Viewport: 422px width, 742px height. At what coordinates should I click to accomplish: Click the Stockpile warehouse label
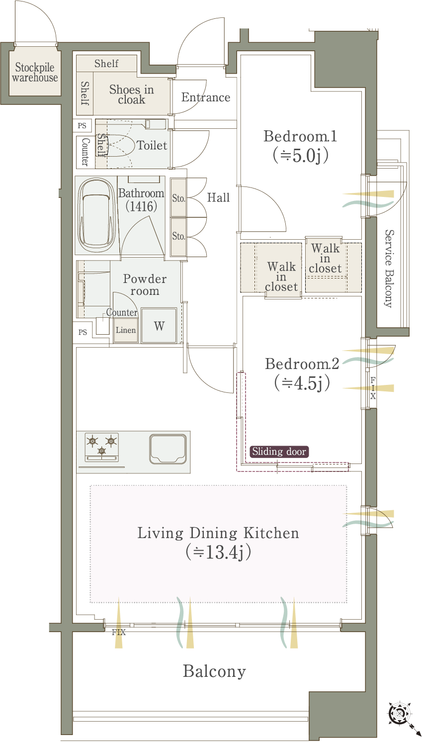[35, 72]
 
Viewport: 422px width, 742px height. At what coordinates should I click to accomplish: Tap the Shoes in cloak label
[131, 94]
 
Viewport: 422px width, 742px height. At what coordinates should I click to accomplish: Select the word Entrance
[206, 97]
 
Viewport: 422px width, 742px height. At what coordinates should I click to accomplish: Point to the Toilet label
[152, 145]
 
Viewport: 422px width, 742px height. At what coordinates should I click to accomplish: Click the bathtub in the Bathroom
[96, 216]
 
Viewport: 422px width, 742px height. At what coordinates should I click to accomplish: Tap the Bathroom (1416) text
[141, 200]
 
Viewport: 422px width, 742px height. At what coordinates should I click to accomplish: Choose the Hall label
[218, 197]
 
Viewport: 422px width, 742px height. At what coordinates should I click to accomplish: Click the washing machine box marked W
[159, 326]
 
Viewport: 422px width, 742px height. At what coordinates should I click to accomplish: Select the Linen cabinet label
[126, 330]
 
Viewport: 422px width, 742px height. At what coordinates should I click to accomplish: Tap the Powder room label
[145, 284]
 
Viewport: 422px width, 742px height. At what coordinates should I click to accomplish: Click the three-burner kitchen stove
[101, 447]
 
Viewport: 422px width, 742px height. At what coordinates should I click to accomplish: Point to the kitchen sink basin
[168, 449]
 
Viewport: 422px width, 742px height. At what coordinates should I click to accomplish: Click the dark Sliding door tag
[279, 452]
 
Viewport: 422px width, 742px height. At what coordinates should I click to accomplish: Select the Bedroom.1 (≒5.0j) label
[300, 146]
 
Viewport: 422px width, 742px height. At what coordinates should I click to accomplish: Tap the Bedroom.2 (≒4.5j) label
[302, 373]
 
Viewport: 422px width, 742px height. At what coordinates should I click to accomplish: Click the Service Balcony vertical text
[390, 269]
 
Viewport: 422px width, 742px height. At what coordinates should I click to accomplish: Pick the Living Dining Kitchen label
[218, 543]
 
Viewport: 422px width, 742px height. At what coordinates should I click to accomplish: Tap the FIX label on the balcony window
[118, 633]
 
